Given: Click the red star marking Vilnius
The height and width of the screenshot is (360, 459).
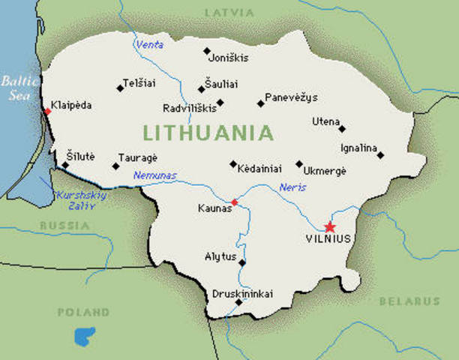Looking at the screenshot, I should [x=328, y=226].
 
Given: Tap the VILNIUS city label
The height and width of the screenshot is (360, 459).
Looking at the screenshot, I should [x=328, y=241].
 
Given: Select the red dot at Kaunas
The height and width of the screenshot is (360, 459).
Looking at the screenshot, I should [x=234, y=202].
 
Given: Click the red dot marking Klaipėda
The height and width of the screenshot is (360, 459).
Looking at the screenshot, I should [x=47, y=111].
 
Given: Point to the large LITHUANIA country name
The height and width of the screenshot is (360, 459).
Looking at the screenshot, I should [x=208, y=133].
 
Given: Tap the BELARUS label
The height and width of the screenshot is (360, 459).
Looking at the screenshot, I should [x=409, y=301].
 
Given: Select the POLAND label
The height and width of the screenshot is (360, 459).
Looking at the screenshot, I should [x=84, y=311].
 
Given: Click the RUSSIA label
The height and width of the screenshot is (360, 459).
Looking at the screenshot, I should [x=64, y=225].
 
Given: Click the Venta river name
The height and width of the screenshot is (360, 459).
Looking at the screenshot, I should [x=148, y=45].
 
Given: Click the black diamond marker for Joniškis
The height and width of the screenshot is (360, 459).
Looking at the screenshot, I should [x=207, y=51].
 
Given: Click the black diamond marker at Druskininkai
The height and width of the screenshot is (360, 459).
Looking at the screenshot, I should [x=238, y=303].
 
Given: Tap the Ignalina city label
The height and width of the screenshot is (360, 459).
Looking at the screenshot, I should [x=358, y=148].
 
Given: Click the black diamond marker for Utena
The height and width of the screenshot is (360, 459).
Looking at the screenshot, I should [x=342, y=128].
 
